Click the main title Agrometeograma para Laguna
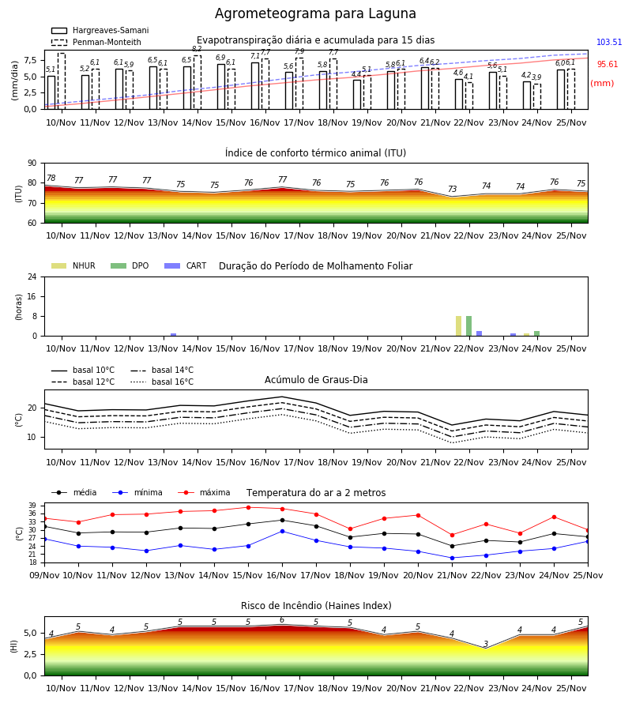point(315,13)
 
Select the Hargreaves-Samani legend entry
point(100,30)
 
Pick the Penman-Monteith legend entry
point(96,42)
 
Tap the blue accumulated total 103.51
point(609,42)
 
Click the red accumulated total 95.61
point(608,65)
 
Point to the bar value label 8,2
point(197,49)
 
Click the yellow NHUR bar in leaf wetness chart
point(458,326)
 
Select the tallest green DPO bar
point(468,326)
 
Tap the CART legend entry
point(186,265)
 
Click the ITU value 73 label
point(452,189)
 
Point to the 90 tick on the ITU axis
point(32,164)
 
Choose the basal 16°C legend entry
point(162,382)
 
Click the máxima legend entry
point(204,492)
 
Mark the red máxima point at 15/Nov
point(248,507)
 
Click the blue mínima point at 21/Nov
point(452,559)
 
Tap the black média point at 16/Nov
point(283,520)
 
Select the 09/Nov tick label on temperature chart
point(44,575)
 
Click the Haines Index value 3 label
point(486,644)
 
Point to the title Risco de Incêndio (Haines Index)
point(316,606)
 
